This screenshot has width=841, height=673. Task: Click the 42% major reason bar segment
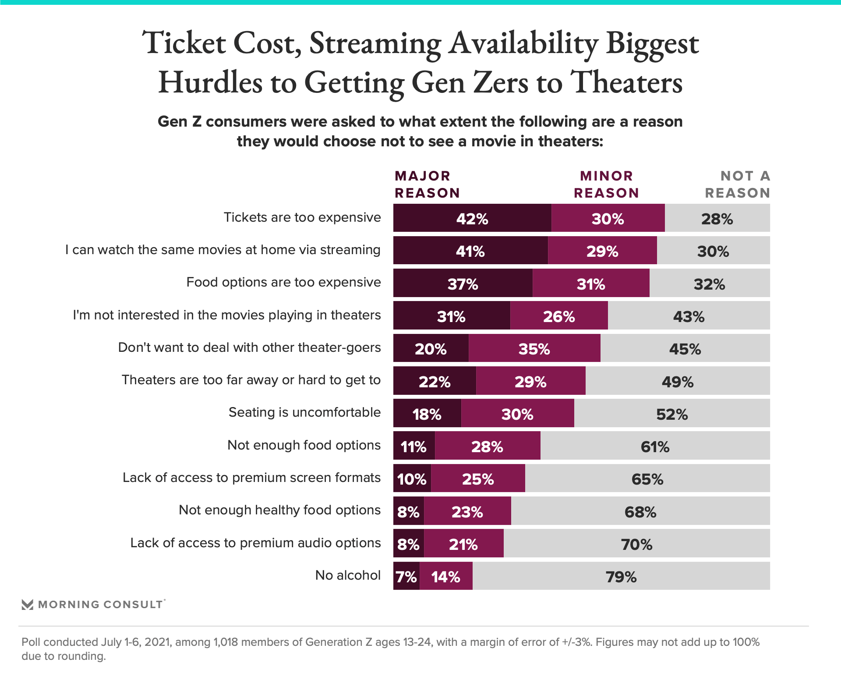coord(472,218)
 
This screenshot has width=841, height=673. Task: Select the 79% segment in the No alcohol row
coord(621,576)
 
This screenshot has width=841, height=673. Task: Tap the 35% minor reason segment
coord(534,348)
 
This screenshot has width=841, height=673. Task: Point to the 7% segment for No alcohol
coord(406,576)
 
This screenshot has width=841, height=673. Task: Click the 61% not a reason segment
coord(655,446)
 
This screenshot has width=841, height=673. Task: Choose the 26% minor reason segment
coord(559,316)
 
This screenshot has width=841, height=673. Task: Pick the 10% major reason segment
coord(412,478)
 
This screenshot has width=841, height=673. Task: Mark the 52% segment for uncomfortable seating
coord(672,414)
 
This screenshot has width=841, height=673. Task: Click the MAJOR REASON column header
coord(427,184)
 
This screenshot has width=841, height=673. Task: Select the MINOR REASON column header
coord(606,184)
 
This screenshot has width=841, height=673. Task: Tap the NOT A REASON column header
coord(738,184)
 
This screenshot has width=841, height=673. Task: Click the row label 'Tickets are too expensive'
coord(302,217)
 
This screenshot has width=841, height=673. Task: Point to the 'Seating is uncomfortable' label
coord(304,412)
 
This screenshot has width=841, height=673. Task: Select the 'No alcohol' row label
coord(348,575)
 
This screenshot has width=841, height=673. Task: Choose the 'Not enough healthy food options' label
coord(279,510)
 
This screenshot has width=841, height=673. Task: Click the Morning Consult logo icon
coord(28,605)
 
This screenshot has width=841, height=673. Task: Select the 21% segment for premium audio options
coord(463,544)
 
